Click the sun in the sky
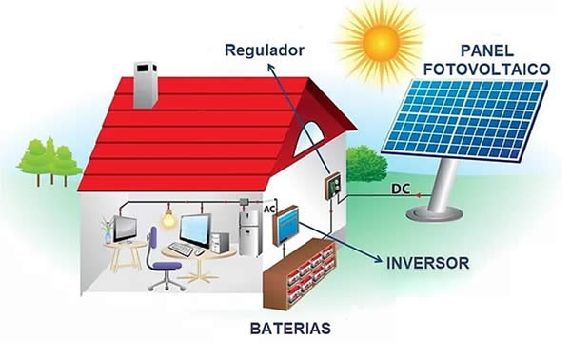pos(381,38)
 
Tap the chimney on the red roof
pos(146,85)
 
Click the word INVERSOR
pos(426,260)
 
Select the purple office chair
pos(163,266)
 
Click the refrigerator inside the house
pos(249,231)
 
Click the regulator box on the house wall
pos(332,186)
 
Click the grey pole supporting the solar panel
pos(441,190)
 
